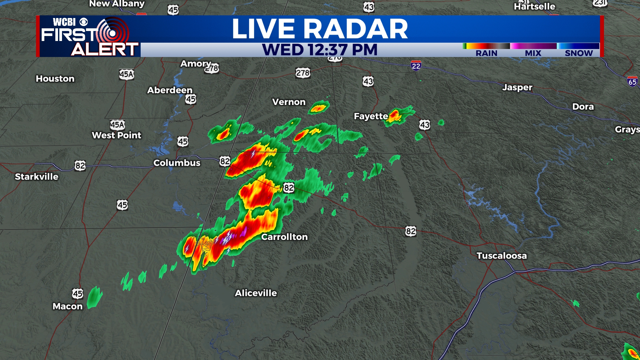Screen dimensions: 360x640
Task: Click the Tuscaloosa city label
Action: [501, 256]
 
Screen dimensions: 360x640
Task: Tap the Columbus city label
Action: [177, 163]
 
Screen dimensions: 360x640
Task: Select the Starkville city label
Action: [36, 177]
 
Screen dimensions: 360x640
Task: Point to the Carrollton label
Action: [284, 237]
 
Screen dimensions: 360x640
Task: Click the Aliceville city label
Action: [256, 293]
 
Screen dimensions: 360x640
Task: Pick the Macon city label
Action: [67, 306]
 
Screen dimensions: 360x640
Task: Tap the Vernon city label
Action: [289, 102]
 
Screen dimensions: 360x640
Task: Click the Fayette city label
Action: [371, 116]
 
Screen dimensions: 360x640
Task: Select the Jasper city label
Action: [517, 87]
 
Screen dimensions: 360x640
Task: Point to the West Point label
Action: [116, 135]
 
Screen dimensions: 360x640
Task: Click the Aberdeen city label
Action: [170, 90]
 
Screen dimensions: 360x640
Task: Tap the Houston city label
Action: [55, 79]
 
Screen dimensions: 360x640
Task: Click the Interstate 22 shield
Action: [416, 66]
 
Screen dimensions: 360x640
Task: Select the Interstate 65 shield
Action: [632, 82]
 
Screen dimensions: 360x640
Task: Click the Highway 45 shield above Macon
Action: [77, 294]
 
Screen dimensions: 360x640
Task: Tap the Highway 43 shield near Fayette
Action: [424, 125]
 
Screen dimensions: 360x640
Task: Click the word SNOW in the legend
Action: [579, 53]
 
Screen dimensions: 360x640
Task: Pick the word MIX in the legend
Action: [533, 53]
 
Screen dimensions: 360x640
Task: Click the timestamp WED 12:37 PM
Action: [319, 50]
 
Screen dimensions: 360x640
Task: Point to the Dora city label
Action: [583, 107]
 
